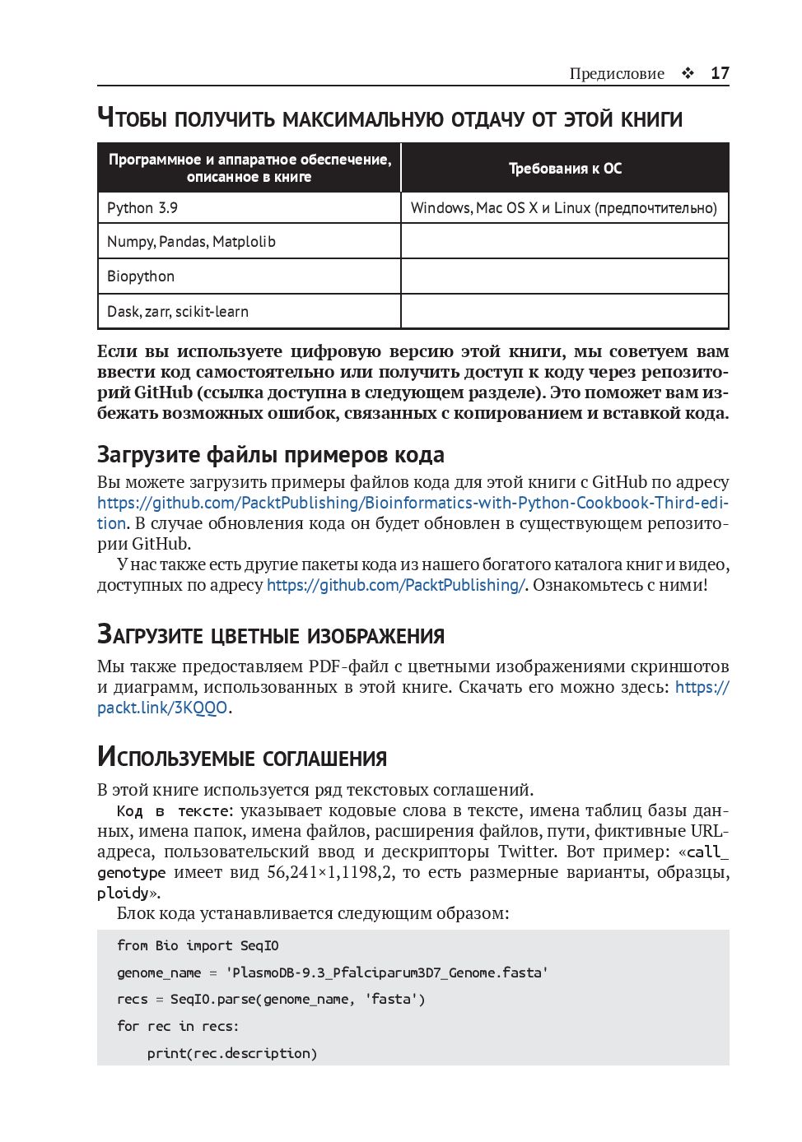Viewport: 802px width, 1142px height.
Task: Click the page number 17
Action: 720,73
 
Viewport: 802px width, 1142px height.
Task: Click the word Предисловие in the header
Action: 617,74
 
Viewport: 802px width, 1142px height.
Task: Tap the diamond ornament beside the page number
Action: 688,73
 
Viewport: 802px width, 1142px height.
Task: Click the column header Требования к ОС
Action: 565,169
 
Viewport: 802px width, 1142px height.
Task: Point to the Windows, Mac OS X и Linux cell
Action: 564,208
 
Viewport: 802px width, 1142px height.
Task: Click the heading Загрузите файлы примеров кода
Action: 271,455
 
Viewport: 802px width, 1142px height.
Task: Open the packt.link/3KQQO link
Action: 162,708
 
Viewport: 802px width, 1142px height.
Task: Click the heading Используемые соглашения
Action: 242,757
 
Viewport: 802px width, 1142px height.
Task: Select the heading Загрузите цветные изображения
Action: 271,635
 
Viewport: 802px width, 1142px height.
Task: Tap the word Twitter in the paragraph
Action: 527,852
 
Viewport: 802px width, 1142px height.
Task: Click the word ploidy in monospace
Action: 123,893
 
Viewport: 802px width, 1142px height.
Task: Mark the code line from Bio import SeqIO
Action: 198,946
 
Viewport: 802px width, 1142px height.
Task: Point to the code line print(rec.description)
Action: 231,1054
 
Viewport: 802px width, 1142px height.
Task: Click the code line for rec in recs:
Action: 178,1027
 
